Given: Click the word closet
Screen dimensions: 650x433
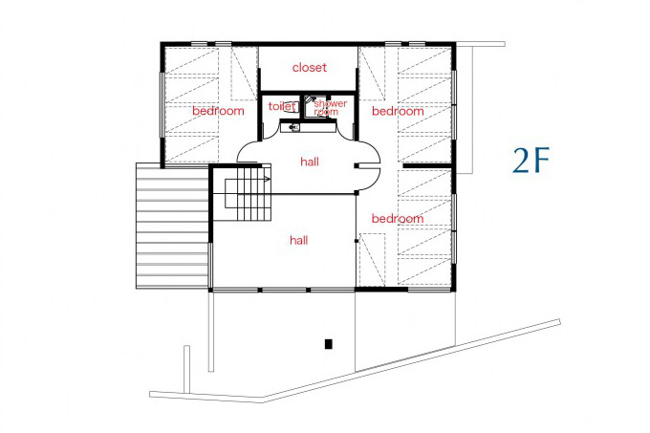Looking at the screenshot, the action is [310, 67].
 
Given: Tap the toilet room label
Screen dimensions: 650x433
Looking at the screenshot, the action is [282, 106].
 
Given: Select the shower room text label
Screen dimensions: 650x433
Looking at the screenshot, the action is [330, 107].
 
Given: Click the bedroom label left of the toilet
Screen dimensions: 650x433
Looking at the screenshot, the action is [218, 111].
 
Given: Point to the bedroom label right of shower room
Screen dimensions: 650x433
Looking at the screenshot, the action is [398, 111].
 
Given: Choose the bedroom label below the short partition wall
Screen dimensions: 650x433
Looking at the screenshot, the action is [398, 218].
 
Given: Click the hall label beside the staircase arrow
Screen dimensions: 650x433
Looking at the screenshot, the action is [310, 162].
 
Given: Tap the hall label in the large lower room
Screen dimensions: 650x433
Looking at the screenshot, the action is [299, 240].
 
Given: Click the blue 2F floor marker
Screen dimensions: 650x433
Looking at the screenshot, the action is [531, 161].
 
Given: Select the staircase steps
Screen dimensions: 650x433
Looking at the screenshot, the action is [248, 193].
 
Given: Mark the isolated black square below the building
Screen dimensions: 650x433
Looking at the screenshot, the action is [328, 344].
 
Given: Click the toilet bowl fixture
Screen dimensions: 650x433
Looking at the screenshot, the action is [291, 107].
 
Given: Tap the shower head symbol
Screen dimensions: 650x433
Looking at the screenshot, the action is [309, 99].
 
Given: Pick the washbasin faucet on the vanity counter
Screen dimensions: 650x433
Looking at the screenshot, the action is [293, 126].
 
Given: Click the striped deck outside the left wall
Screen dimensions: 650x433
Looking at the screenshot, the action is [172, 226].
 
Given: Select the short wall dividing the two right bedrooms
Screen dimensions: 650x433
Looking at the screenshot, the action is [427, 165].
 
